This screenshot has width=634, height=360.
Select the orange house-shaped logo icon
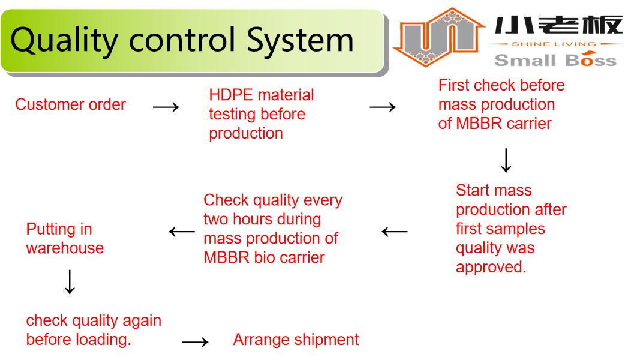438,37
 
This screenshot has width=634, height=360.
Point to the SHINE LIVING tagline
554,44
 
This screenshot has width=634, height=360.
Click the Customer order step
70,105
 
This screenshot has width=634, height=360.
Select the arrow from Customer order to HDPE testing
166,107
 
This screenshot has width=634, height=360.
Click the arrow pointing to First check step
383,107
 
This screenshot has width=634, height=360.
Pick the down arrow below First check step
506,161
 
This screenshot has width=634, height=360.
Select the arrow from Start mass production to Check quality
395,232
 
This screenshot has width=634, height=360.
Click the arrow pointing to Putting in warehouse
182,232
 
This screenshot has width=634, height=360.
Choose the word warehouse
65,248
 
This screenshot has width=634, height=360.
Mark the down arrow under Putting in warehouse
70,282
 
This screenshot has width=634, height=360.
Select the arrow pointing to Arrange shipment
196,342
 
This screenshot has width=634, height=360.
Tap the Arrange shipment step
296,340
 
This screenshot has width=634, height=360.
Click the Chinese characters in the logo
558,25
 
